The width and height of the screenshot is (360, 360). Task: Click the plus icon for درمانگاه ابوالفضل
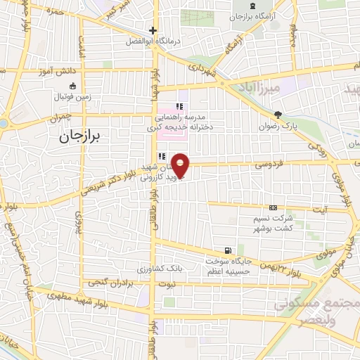[153, 30]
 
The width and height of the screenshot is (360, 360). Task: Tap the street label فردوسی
[271, 165]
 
